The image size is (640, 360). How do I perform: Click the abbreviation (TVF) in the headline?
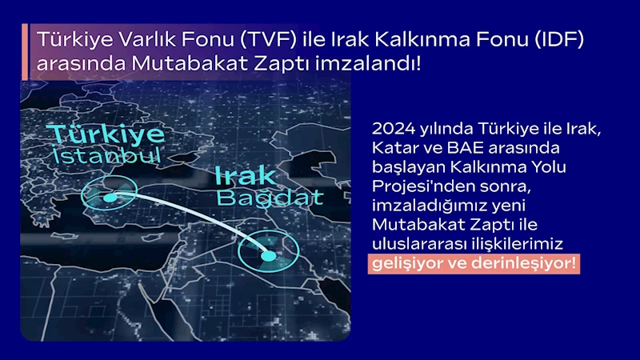pos(268,39)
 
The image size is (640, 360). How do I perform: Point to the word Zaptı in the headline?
pos(282,64)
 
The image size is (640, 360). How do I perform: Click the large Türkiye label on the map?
pos(106,134)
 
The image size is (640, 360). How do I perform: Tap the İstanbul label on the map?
pos(106,155)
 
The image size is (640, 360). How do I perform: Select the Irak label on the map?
pos(245,176)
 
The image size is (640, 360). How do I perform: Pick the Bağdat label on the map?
pos(270,198)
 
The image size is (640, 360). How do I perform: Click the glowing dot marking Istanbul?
pos(110,198)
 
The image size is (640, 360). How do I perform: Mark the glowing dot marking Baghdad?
pos(269,256)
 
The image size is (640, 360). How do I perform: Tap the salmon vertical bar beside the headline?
pos(25,52)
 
